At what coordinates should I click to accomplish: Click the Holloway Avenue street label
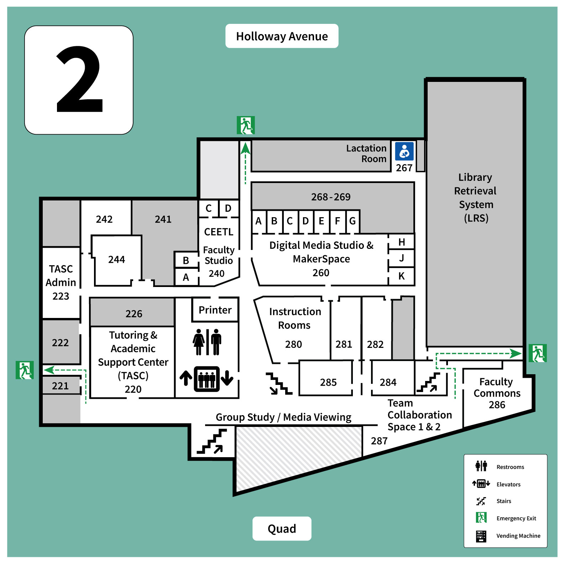[282, 36]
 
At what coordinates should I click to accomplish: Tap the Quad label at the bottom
[282, 529]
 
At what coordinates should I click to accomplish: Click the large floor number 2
[79, 80]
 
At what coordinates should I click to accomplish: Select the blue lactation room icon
[404, 151]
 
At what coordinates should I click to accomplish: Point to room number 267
[404, 168]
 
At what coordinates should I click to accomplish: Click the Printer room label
[215, 310]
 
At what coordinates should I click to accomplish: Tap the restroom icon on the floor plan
[207, 342]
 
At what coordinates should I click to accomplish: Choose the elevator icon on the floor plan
[207, 378]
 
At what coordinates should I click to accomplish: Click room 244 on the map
[116, 260]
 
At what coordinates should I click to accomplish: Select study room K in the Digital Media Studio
[401, 276]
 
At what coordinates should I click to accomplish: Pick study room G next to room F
[352, 221]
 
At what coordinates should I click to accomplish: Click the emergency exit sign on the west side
[25, 370]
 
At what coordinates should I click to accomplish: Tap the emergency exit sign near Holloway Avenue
[246, 125]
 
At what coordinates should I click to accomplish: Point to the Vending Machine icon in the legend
[481, 536]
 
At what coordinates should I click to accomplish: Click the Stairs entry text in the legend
[504, 501]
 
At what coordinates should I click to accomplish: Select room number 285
[328, 382]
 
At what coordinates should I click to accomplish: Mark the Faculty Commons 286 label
[497, 393]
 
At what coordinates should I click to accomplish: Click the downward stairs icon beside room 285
[279, 384]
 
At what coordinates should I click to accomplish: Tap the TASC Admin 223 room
[61, 282]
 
